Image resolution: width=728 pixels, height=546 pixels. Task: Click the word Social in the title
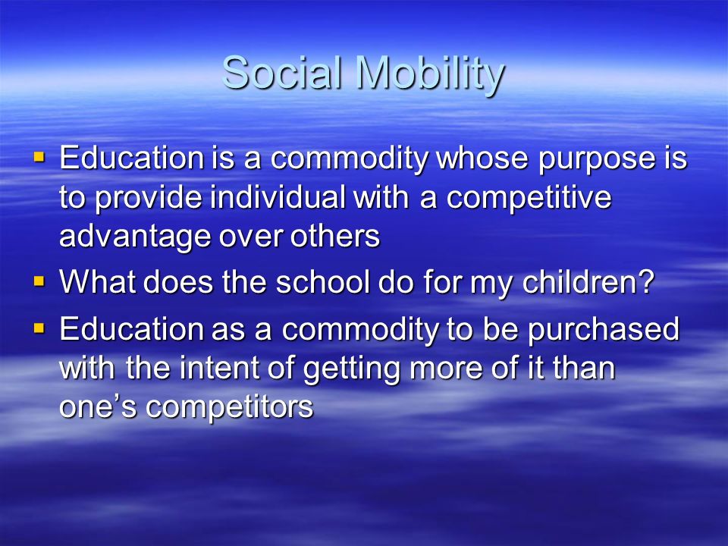click(x=283, y=73)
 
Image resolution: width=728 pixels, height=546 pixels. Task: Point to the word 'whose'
click(x=482, y=157)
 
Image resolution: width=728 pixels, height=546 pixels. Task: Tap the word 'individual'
click(x=278, y=196)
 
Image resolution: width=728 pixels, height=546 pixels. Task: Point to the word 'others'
click(x=335, y=235)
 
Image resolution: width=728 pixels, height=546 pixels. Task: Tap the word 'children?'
click(x=588, y=281)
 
